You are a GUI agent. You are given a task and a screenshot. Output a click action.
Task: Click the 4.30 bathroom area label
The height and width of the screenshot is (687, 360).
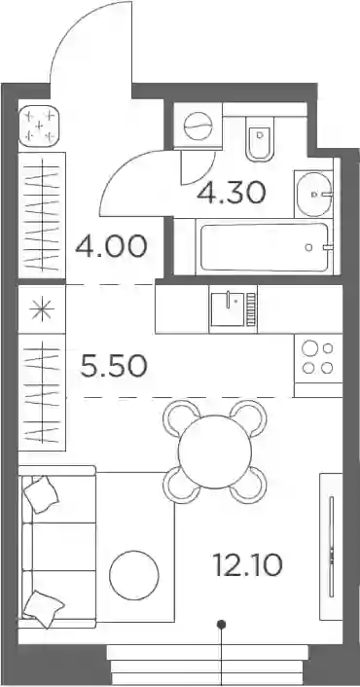point(232,194)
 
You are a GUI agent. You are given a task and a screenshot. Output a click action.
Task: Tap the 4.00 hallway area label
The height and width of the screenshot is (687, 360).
point(111,246)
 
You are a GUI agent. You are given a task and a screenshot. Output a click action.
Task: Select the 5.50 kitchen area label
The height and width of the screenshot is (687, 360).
point(114,367)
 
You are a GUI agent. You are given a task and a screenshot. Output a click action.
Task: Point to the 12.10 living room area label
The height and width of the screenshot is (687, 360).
point(247,564)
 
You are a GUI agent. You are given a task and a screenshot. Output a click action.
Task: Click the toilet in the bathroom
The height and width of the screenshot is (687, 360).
point(260,138)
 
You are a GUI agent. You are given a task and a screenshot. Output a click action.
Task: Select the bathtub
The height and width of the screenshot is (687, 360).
point(264,247)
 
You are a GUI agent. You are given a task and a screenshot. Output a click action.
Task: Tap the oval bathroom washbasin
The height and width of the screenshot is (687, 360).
point(313,194)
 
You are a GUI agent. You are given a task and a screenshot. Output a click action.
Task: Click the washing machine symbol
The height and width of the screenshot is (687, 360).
point(198,126)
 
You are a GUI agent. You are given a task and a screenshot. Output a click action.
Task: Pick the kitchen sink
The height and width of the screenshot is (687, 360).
point(233,309)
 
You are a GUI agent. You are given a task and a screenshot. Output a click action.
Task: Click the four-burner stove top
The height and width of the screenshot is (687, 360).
point(318,358)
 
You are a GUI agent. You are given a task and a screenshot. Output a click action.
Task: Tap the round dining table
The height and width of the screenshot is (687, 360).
point(215,452)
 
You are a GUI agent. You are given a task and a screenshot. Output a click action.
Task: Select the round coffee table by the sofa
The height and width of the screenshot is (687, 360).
point(134,575)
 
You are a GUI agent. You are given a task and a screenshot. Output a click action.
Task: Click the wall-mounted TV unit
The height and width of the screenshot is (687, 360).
point(331,546)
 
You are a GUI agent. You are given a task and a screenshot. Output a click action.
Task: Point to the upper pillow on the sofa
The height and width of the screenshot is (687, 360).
point(41,494)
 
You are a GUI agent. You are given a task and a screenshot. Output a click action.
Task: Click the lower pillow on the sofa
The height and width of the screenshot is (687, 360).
point(44,608)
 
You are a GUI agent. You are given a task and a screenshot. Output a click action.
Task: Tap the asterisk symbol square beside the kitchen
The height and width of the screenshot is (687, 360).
point(42,309)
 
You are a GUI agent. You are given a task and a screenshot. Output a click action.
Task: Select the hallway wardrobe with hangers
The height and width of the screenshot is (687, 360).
point(42,215)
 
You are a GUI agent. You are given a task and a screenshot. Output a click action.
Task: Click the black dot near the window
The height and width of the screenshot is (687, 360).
point(222,624)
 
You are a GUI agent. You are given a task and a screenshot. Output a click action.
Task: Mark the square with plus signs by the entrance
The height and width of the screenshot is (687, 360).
point(39,127)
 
